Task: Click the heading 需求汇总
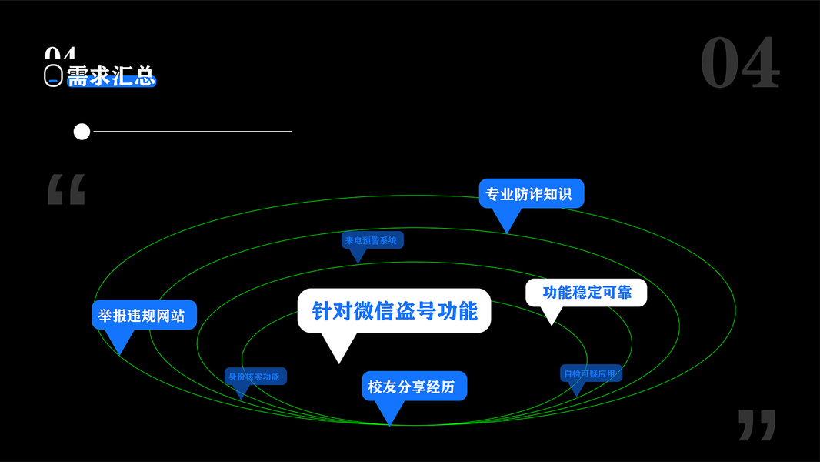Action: (112, 75)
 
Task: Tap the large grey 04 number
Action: (740, 63)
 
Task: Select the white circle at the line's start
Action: (82, 132)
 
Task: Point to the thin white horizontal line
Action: (192, 132)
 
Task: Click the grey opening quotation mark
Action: (66, 189)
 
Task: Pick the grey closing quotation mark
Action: (756, 425)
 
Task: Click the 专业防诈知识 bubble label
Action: (532, 193)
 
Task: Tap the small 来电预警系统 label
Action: (372, 240)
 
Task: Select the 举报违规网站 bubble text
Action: (144, 315)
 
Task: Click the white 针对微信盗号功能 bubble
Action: (394, 310)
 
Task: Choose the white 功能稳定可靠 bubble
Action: (586, 293)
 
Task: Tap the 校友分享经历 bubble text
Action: (414, 387)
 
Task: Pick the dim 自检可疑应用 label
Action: (591, 373)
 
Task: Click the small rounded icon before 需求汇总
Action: (52, 75)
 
